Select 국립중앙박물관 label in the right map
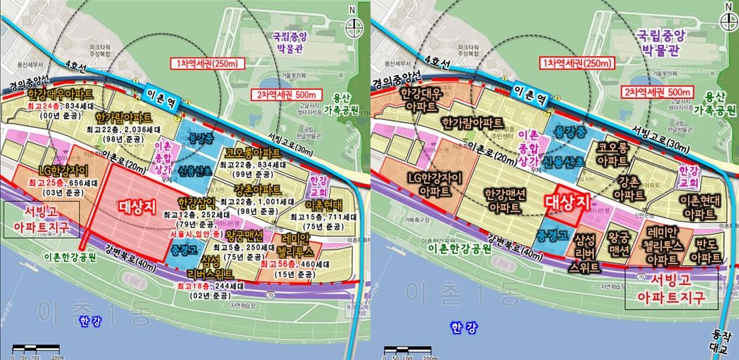658,41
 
